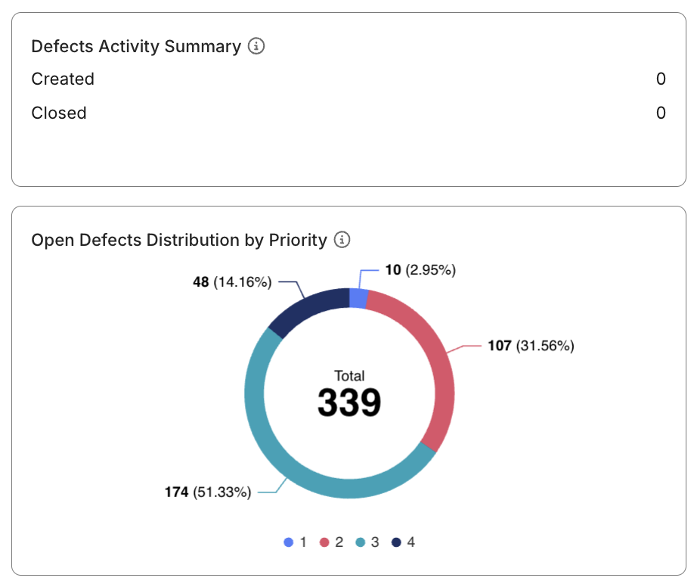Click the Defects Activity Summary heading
(x=136, y=46)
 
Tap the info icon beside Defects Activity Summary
(x=257, y=46)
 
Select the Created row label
(x=63, y=79)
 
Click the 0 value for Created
(x=661, y=79)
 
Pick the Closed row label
(x=59, y=113)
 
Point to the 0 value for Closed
(x=661, y=113)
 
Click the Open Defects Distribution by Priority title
(x=179, y=240)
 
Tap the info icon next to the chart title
(x=342, y=240)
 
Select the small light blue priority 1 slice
(x=359, y=299)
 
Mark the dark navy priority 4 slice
(x=306, y=310)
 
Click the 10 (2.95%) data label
(x=420, y=269)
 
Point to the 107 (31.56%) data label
(x=531, y=346)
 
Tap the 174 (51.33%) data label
(x=208, y=492)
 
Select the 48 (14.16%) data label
(x=232, y=282)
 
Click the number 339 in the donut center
(x=349, y=403)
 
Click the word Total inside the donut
(x=349, y=376)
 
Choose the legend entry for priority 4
(x=403, y=542)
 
